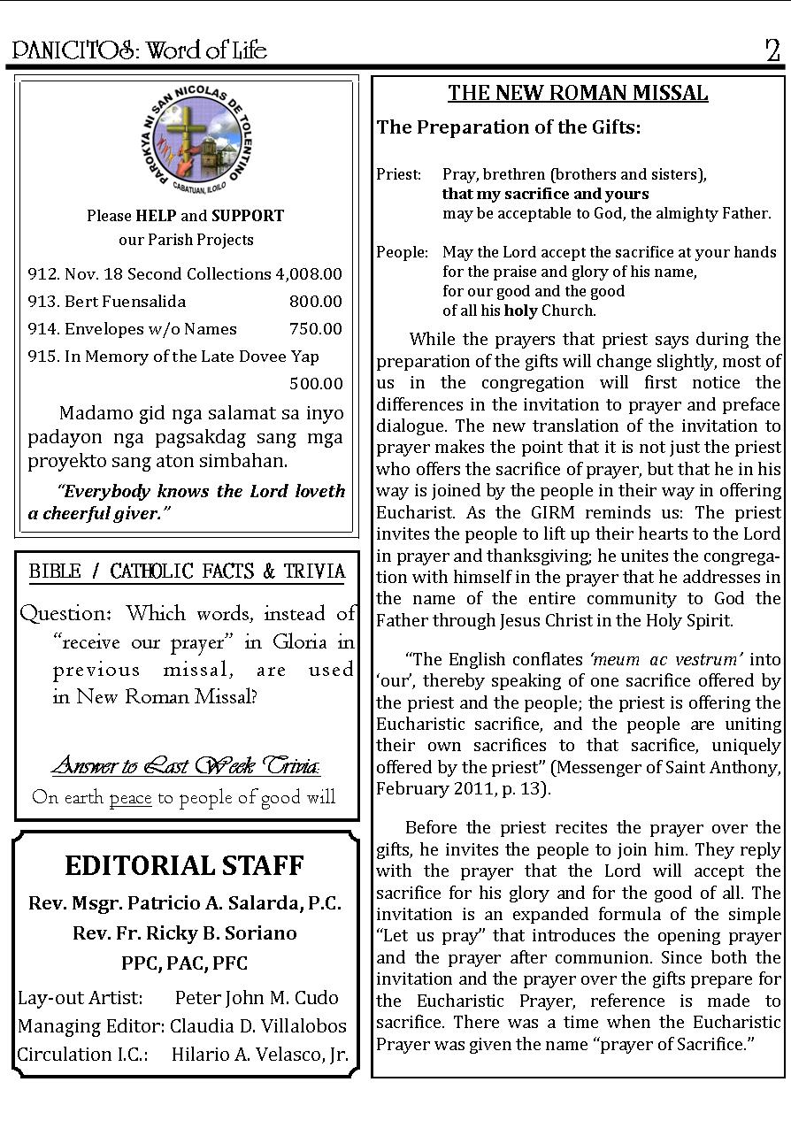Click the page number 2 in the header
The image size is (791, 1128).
(772, 50)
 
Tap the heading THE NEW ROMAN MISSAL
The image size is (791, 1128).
(578, 93)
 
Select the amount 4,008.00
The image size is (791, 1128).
(309, 274)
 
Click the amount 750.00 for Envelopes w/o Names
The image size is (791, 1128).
(315, 328)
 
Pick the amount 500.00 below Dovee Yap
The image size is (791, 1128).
(315, 383)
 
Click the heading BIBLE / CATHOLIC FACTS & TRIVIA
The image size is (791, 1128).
(187, 572)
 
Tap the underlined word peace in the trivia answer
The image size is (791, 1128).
(130, 797)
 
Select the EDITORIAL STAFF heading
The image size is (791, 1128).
(184, 864)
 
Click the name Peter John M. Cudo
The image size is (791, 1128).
(257, 997)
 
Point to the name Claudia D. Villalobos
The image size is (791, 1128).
(258, 1026)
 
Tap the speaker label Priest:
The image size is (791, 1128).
(398, 174)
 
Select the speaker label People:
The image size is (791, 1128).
(402, 252)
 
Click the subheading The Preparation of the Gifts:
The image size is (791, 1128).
(509, 127)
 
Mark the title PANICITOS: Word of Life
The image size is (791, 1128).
(139, 50)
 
